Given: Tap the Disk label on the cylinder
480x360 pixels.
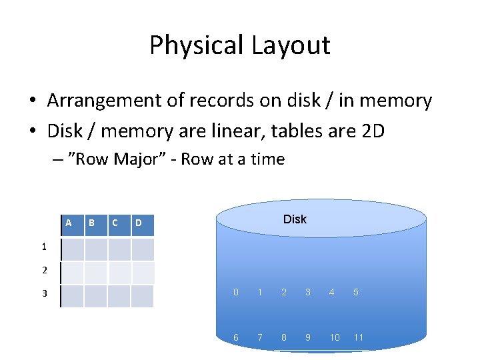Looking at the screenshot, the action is coord(295,219).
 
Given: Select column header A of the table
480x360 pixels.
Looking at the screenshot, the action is coord(69,222).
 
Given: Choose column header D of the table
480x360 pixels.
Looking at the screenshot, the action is coord(139,223).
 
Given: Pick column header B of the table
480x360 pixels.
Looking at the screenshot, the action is coord(91,222).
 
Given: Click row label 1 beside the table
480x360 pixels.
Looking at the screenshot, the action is coord(43,247).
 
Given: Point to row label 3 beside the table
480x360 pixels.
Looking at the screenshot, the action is coord(43,293).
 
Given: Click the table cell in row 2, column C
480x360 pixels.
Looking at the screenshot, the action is coord(119,272).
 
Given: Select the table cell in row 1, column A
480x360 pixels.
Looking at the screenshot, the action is coord(73,249).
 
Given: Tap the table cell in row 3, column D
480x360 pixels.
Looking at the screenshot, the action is coord(142,296).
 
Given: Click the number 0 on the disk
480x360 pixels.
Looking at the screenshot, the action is coord(236,292).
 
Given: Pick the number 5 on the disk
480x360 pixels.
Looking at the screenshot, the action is coord(355,292).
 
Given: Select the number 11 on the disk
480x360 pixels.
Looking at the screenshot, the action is coord(358,337).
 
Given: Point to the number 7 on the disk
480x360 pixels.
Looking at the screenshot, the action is coord(260,337).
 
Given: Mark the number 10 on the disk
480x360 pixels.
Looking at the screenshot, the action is coord(335,337).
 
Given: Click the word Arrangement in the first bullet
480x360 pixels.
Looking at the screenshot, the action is coord(99,101).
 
